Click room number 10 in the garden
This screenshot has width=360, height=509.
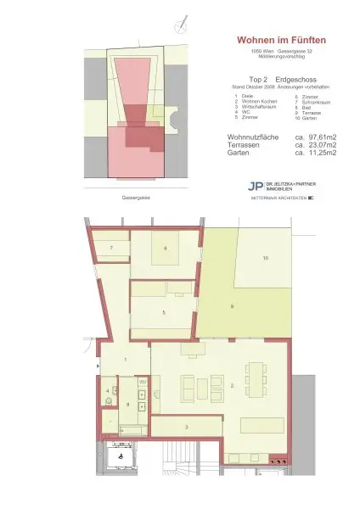point(265,257)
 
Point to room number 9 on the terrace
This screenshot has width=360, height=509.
point(231,306)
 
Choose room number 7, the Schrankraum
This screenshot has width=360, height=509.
point(111,248)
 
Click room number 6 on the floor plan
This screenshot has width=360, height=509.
point(166,248)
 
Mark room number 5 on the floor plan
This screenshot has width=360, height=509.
point(164,313)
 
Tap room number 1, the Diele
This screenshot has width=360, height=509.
point(125,361)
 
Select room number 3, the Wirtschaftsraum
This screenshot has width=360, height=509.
point(187,427)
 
